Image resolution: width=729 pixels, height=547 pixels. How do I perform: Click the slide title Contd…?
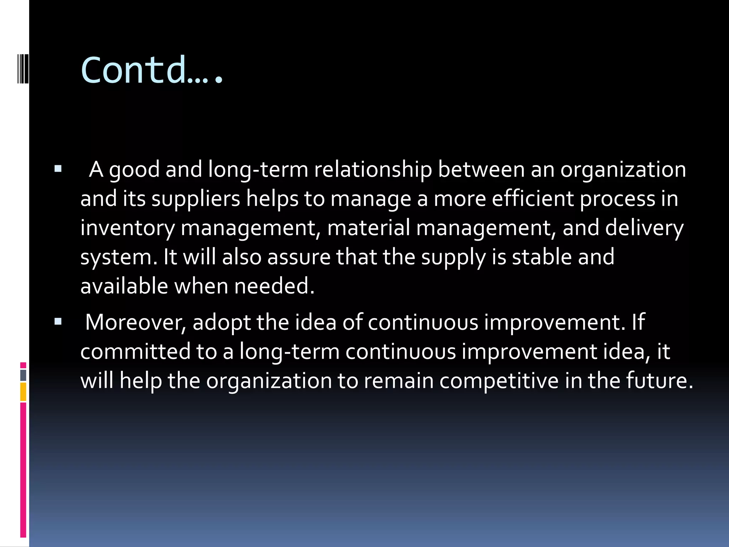click(152, 70)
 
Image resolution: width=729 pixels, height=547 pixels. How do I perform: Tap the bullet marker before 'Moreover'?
click(58, 322)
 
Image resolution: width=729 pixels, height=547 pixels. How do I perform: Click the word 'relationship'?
click(373, 170)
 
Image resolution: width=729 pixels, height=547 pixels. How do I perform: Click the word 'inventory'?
click(127, 228)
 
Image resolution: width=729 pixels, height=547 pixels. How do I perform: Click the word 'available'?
click(124, 286)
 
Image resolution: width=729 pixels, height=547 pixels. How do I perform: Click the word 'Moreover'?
click(136, 323)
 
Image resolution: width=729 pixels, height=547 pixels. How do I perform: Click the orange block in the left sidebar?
click(23, 392)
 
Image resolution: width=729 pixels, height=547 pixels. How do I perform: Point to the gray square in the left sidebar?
click(23, 375)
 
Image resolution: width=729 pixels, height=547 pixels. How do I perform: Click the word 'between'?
click(481, 170)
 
